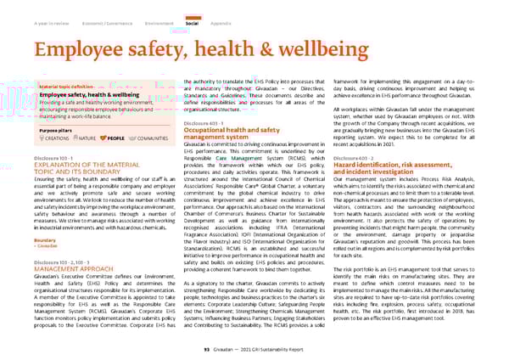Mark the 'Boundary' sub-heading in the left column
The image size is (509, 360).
[45, 240]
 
